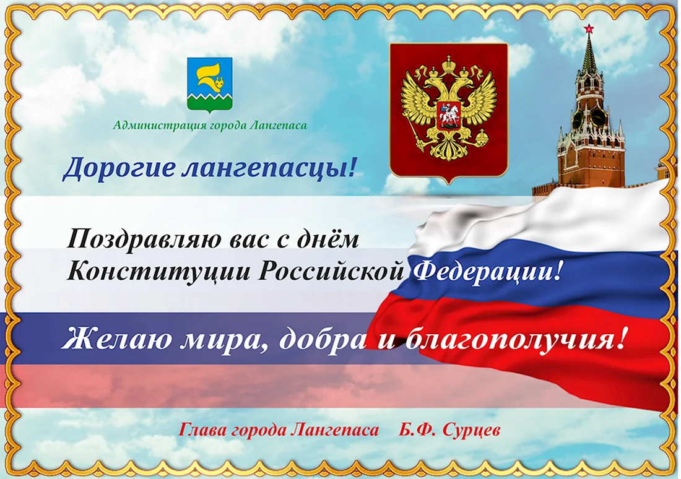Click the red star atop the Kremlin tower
pyautogui.click(x=589, y=28)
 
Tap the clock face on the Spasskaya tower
pyautogui.click(x=598, y=117)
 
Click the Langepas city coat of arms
pyautogui.click(x=210, y=85)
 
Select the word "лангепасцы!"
pyautogui.click(x=268, y=168)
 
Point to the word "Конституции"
pyautogui.click(x=159, y=272)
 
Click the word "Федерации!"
pyautogui.click(x=489, y=272)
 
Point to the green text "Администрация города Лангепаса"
pyautogui.click(x=210, y=126)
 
